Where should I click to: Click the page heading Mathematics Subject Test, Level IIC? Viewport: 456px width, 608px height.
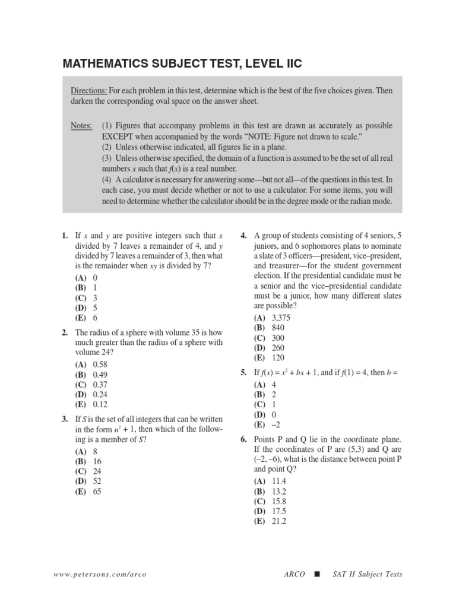pyautogui.click(x=186, y=64)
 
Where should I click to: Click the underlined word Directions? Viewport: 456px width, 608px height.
pyautogui.click(x=89, y=91)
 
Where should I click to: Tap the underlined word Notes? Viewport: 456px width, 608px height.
pyautogui.click(x=81, y=126)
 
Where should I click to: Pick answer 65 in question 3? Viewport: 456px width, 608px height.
pyautogui.click(x=97, y=492)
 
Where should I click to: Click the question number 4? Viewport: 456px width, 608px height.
pyautogui.click(x=243, y=236)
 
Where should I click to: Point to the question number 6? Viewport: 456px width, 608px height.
pyautogui.click(x=243, y=439)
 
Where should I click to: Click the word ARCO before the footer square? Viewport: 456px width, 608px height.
pyautogui.click(x=294, y=574)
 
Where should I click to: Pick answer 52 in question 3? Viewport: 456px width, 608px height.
pyautogui.click(x=97, y=482)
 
